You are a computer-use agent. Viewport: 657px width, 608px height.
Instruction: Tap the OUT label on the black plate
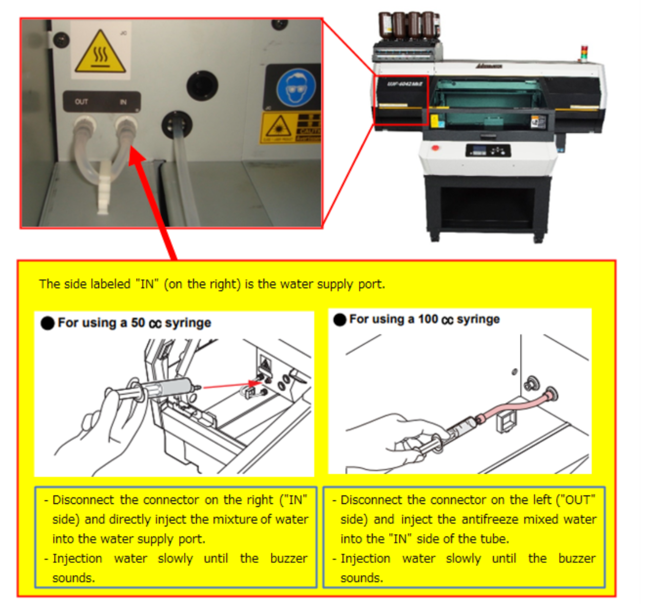click(81, 102)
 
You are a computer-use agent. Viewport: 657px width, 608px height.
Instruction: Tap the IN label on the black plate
click(123, 102)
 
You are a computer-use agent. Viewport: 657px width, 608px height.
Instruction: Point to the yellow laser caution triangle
click(278, 126)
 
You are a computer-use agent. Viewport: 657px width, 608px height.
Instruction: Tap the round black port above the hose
click(202, 86)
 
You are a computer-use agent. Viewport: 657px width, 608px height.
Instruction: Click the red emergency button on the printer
click(435, 148)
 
